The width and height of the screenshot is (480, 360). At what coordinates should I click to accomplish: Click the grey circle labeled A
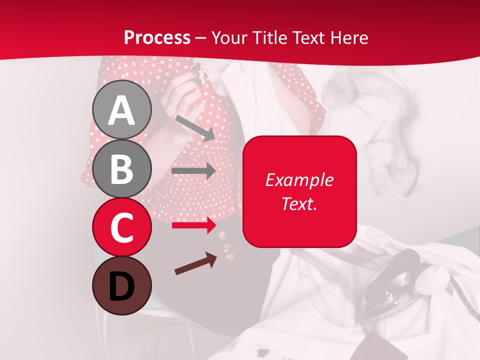pos(121,109)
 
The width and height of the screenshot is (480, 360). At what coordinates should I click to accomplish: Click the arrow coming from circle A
pos(195,128)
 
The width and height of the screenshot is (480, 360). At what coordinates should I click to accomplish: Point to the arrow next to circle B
pos(193,171)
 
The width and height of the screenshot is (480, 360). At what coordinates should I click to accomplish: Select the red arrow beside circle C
pos(193,225)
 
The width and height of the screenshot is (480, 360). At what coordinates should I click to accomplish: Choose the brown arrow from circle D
pos(195,263)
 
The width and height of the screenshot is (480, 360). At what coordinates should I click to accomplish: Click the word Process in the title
pos(157,38)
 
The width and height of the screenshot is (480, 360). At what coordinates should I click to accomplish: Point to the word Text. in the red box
pos(299,203)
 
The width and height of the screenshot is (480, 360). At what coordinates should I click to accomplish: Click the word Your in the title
pos(229,38)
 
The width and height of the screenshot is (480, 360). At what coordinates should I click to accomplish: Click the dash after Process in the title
pos(201,38)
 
